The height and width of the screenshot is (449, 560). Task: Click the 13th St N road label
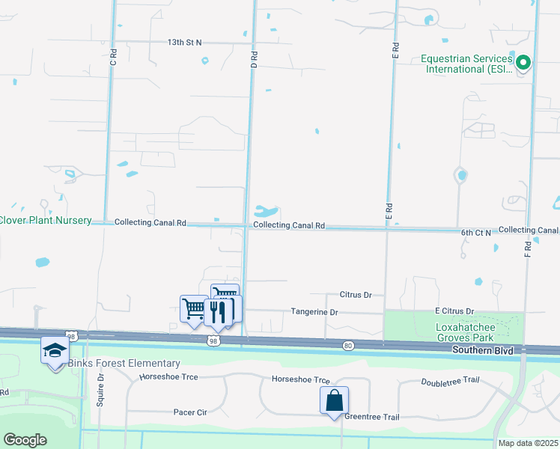pyautogui.click(x=184, y=43)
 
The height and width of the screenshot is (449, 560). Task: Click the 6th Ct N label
pyautogui.click(x=475, y=233)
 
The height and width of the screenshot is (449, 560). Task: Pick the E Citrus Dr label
pyautogui.click(x=454, y=311)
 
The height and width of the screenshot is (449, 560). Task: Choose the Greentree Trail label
pyautogui.click(x=372, y=417)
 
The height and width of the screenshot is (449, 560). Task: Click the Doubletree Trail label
pyautogui.click(x=449, y=380)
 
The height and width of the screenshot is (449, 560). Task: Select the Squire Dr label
pyautogui.click(x=101, y=388)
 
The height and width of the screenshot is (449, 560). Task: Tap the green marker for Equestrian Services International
pyautogui.click(x=523, y=64)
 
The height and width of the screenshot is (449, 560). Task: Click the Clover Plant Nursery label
pyautogui.click(x=45, y=220)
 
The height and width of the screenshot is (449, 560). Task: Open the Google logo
pyautogui.click(x=25, y=440)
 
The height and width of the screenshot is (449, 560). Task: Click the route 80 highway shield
pyautogui.click(x=348, y=345)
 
